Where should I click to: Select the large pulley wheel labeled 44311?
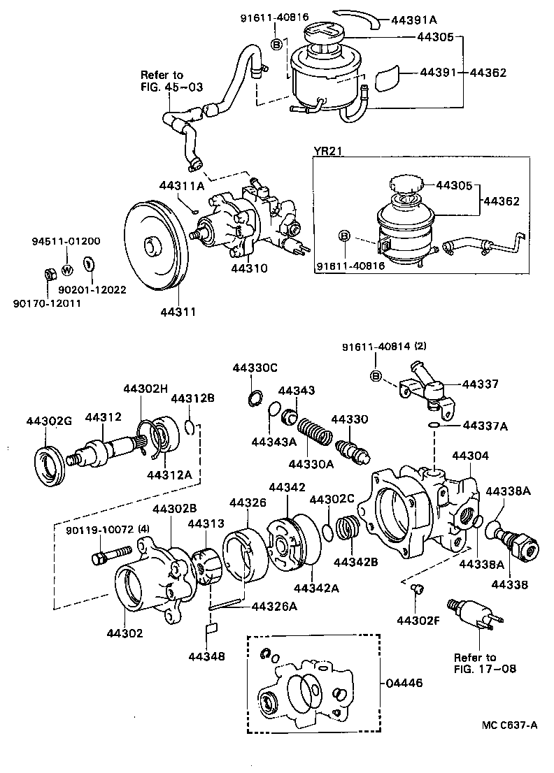pyautogui.click(x=152, y=245)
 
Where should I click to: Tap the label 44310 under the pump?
pyautogui.click(x=249, y=268)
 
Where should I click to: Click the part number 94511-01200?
pyautogui.click(x=66, y=241)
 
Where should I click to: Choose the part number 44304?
pyautogui.click(x=471, y=456)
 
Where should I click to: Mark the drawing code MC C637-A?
pyautogui.click(x=509, y=725)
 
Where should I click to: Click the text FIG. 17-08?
pyautogui.click(x=475, y=669)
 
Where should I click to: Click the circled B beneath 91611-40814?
pyautogui.click(x=375, y=378)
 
